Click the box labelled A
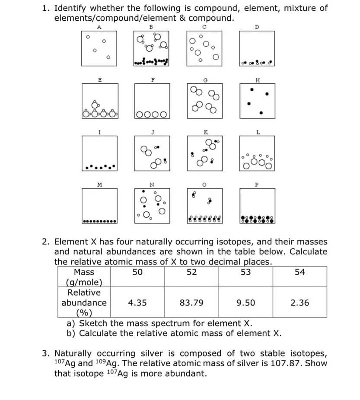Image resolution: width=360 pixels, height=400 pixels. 99,48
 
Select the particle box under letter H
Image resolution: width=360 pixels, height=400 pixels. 258,100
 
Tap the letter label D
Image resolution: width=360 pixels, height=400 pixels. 257,27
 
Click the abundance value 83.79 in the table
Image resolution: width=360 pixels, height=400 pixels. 191,303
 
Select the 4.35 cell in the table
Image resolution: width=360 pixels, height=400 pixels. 137,303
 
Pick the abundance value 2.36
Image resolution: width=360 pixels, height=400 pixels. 300,303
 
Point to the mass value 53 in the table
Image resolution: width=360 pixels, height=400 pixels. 245,272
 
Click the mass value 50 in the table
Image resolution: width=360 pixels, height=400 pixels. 137,272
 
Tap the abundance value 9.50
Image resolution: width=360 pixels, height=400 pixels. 245,303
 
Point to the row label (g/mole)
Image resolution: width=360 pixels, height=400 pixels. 84,283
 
